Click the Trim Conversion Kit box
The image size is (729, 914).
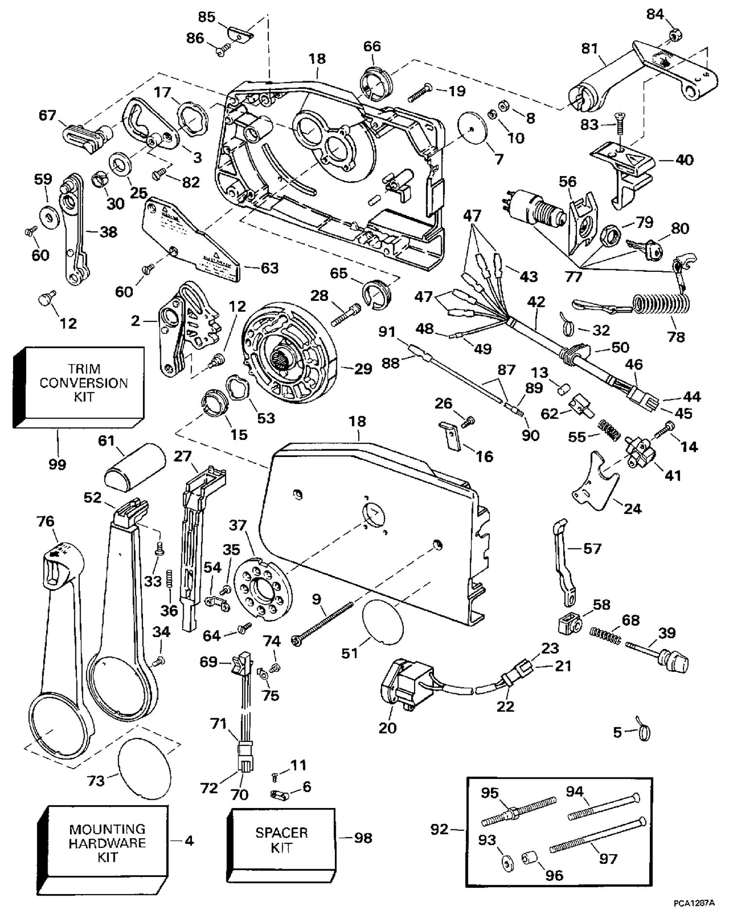click(79, 387)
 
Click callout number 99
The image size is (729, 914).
click(57, 464)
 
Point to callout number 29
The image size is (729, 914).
click(363, 369)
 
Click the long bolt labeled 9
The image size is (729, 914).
click(322, 623)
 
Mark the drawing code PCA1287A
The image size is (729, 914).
click(694, 903)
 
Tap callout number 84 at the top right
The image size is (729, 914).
click(655, 15)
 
